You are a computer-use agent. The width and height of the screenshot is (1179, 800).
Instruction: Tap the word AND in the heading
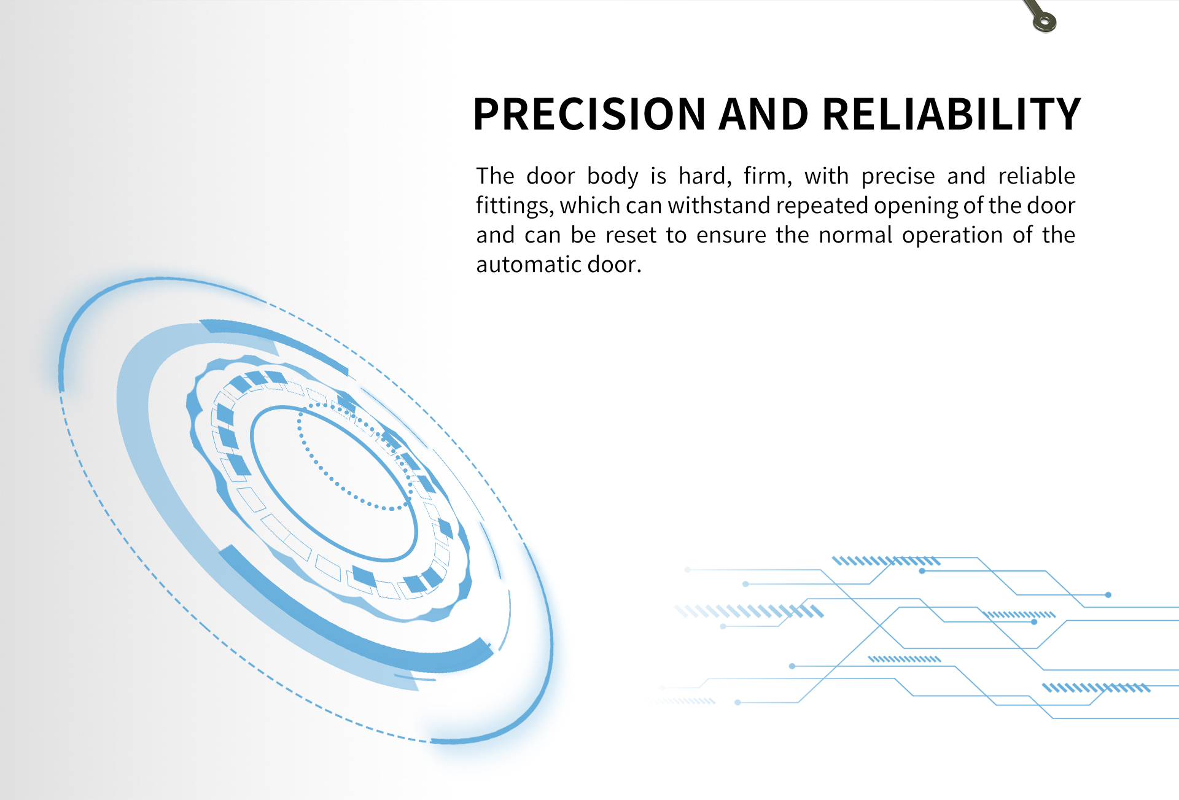763,114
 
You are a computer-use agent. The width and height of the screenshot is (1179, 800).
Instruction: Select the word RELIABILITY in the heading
951,114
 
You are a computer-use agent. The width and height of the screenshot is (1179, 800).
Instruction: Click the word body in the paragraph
612,177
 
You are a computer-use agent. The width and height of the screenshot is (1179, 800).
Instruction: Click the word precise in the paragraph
898,177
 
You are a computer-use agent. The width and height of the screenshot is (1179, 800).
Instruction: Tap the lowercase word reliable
1037,176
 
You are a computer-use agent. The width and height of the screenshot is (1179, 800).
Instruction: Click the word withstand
718,206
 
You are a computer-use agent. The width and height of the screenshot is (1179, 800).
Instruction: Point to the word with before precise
827,176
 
